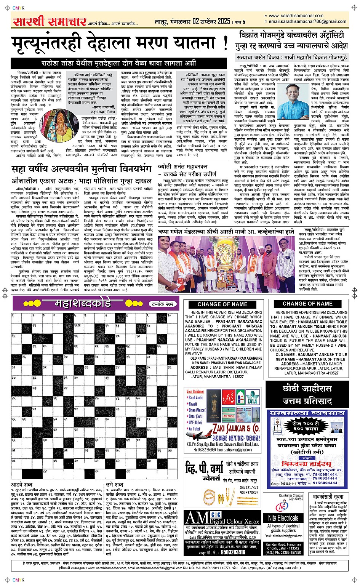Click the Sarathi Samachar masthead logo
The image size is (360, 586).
(49, 22)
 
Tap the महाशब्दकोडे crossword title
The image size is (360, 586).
(83, 304)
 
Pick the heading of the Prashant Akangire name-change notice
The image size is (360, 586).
(222, 304)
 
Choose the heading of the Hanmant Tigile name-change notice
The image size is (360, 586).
(307, 304)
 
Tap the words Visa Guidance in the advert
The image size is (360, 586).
(195, 391)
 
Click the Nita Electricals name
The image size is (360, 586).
(283, 518)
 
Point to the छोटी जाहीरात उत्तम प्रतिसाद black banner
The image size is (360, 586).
(307, 394)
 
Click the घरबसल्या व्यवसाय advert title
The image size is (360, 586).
(307, 413)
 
